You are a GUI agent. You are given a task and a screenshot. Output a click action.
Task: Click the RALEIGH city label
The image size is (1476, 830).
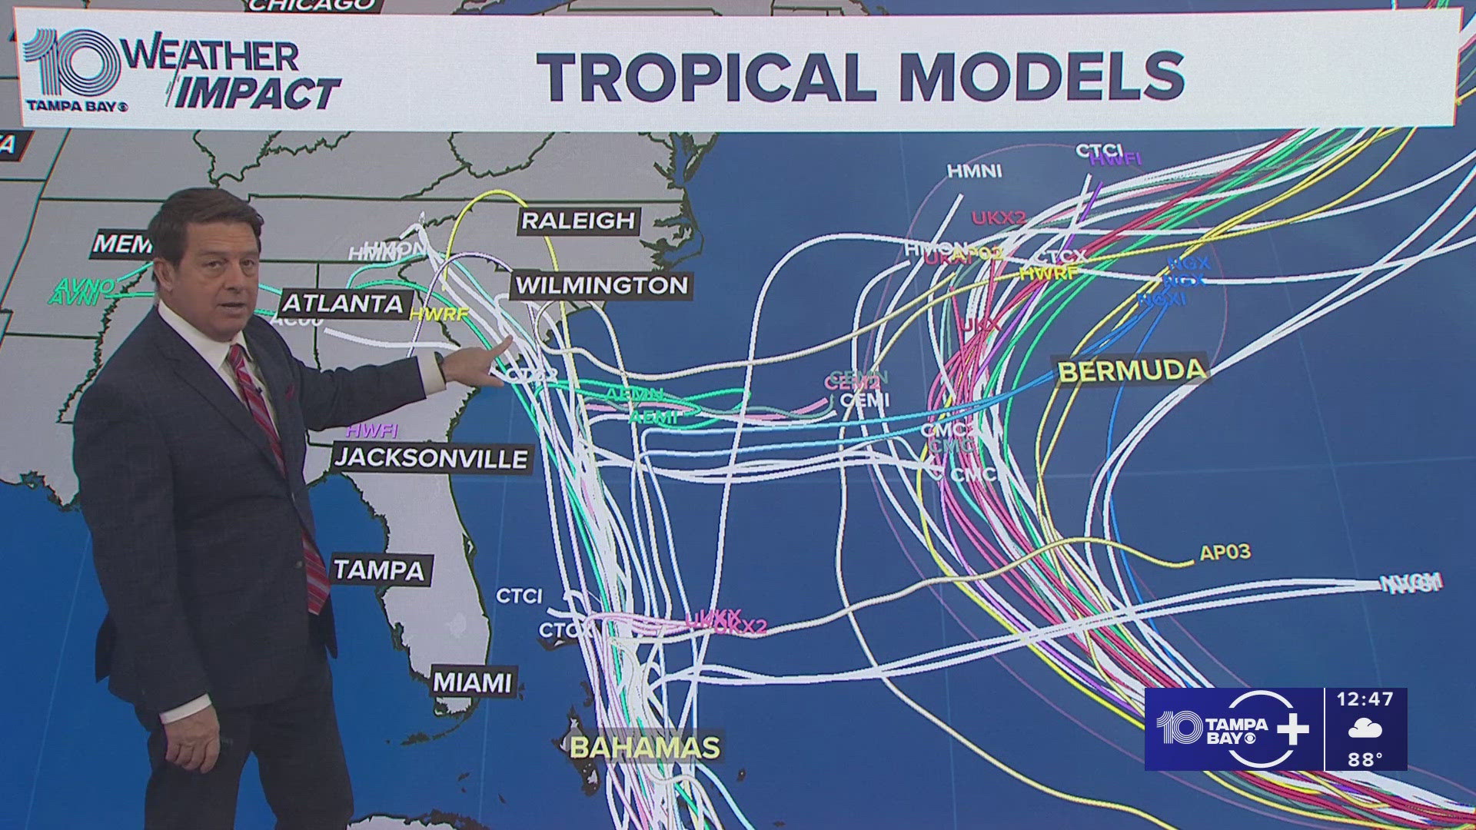(x=578, y=221)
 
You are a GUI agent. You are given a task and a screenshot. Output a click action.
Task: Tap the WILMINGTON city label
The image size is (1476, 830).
(x=601, y=286)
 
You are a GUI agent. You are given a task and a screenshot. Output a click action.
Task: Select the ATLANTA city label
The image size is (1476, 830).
(x=343, y=304)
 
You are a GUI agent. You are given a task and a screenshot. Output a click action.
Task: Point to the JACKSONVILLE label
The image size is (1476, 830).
(x=431, y=459)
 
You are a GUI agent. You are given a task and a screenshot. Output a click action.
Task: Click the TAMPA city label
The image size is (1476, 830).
(x=378, y=570)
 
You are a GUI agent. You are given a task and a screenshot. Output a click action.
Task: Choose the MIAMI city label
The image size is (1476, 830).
(x=472, y=682)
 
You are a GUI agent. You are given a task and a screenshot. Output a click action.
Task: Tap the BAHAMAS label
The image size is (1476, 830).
(x=645, y=747)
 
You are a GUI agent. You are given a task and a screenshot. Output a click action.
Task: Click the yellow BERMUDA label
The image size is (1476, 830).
(x=1132, y=371)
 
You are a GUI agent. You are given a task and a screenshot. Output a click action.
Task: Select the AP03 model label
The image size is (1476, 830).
(x=1225, y=552)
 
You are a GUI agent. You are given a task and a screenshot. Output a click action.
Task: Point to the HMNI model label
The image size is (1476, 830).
(x=974, y=171)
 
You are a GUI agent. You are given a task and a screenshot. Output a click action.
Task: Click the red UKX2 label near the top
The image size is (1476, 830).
(x=999, y=218)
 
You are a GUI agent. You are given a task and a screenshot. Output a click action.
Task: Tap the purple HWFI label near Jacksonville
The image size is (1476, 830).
(x=372, y=431)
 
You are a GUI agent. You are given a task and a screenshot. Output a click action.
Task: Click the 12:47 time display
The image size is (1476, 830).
(x=1365, y=699)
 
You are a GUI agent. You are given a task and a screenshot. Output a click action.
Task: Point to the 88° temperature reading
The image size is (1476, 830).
(x=1365, y=759)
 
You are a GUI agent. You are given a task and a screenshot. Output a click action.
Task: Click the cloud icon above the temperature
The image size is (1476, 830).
(x=1365, y=729)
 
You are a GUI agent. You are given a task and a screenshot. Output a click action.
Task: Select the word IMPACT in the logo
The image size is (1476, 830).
(x=258, y=94)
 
